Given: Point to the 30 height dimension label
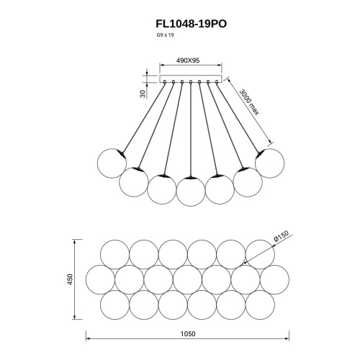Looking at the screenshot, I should point(143,93).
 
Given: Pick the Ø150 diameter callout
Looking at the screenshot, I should point(281,235).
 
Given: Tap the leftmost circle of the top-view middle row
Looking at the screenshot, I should point(100,279).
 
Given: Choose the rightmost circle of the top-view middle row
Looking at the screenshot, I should point(275,279).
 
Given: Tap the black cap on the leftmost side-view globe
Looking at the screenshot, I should point(123,153).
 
